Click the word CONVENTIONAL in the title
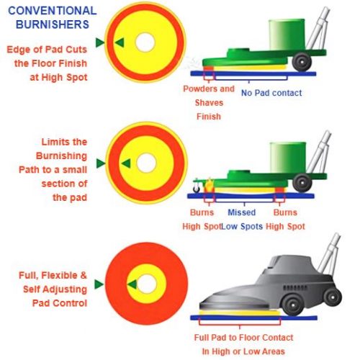(53, 11)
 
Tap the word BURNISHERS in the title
(53, 24)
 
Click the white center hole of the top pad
(145, 42)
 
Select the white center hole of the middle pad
(146, 163)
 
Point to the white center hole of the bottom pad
(147, 284)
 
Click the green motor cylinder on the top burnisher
(287, 35)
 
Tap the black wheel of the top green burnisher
(302, 62)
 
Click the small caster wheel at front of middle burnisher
(197, 189)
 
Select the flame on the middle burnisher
(210, 184)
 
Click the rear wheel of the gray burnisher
(333, 297)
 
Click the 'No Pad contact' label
(271, 93)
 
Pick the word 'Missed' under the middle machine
(241, 212)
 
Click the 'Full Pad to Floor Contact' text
(243, 338)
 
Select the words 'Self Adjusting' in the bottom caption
(55, 289)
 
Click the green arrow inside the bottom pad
(132, 284)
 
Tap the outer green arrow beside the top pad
(100, 42)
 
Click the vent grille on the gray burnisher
(292, 287)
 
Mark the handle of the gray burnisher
(329, 254)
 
